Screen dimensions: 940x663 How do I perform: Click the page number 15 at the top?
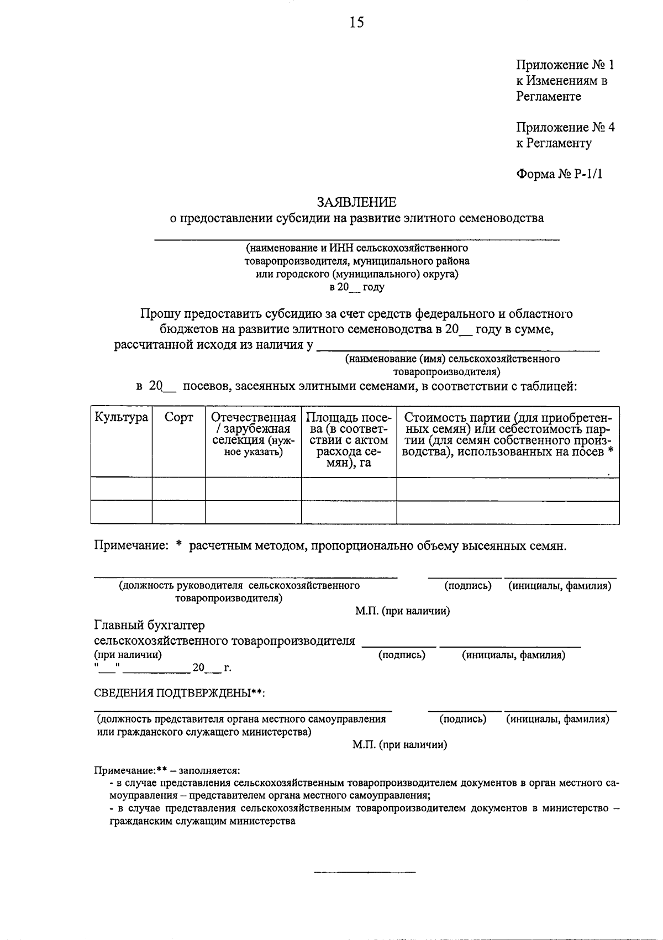(x=356, y=23)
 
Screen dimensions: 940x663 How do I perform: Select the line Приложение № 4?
(x=565, y=128)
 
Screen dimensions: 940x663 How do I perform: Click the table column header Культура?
(x=122, y=417)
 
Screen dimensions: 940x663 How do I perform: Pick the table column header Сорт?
(x=178, y=417)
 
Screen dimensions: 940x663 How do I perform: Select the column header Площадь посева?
(x=349, y=440)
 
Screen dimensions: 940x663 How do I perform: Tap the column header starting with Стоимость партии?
(x=508, y=434)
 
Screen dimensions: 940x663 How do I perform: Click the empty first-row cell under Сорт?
(x=178, y=489)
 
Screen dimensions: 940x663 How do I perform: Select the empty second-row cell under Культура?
(x=122, y=512)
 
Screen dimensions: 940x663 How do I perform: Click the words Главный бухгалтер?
(x=149, y=625)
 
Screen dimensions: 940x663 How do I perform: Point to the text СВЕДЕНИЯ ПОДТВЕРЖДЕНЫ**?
(x=180, y=694)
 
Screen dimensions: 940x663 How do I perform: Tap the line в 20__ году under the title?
(x=357, y=287)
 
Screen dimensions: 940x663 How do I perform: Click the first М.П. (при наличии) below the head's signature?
(x=402, y=611)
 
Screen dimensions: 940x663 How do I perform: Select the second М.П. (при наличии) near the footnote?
(x=400, y=745)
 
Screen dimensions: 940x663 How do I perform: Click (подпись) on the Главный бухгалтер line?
(x=402, y=655)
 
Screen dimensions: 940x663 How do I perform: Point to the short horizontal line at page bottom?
(x=365, y=872)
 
